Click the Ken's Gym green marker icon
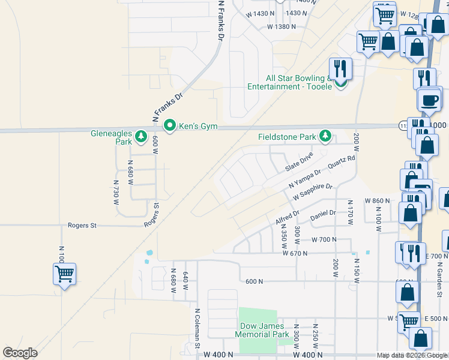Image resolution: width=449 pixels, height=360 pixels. point(170,126)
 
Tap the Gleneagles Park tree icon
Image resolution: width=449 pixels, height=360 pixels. point(141,137)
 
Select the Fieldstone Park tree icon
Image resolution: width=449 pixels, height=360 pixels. point(325,137)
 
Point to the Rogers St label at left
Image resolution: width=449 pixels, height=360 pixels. point(81,226)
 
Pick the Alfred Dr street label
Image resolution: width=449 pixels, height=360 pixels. point(288,217)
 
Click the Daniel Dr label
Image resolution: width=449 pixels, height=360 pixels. point(323,213)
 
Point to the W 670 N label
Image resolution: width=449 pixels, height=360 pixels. point(295,254)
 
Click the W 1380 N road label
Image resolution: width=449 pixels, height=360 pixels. point(282,26)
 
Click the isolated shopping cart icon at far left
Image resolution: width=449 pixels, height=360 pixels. point(64,274)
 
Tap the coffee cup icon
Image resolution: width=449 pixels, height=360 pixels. point(430,100)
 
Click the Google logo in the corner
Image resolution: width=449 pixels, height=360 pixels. point(20,353)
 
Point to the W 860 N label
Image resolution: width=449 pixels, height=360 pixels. point(378,200)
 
